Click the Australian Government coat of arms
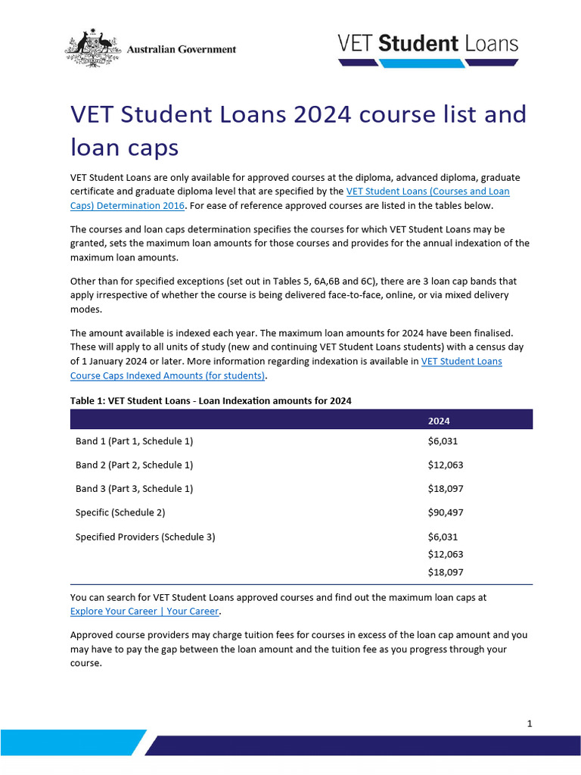click(x=93, y=47)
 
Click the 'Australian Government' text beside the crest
click(x=182, y=49)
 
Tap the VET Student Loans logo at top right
click(x=428, y=48)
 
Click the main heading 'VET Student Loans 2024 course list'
click(x=298, y=115)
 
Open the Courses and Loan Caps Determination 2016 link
click(x=428, y=191)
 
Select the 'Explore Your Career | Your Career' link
click(x=144, y=611)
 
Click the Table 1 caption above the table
click(x=211, y=400)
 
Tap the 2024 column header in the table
click(x=439, y=421)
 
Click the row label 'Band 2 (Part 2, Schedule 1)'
click(x=135, y=465)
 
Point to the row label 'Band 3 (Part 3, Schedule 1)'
click(x=135, y=489)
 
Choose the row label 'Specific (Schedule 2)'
click(x=120, y=512)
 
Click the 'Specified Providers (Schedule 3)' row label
click(x=145, y=537)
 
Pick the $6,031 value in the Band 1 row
click(x=443, y=441)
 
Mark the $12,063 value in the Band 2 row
click(x=446, y=465)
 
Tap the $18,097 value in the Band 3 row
click(x=446, y=489)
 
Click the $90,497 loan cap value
click(x=446, y=512)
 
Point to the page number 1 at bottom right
click(x=530, y=724)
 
